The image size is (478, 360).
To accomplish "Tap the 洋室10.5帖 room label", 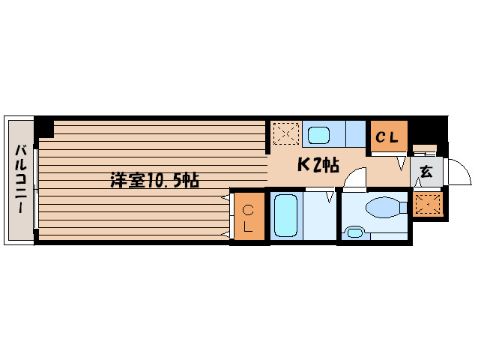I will [x=154, y=180].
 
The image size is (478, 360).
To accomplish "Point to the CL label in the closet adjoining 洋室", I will [x=248, y=217].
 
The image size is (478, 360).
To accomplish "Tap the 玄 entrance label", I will [x=426, y=172].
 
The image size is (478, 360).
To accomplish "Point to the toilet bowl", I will [x=383, y=205].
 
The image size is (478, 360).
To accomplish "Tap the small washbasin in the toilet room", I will [x=354, y=232].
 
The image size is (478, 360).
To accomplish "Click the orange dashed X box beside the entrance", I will [x=427, y=202].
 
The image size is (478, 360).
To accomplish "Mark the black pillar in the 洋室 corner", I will [x=45, y=127].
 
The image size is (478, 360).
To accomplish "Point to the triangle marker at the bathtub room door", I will [x=330, y=198].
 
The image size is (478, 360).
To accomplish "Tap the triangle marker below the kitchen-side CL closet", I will [x=401, y=160].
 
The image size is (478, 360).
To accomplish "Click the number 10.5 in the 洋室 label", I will [x=166, y=180].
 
